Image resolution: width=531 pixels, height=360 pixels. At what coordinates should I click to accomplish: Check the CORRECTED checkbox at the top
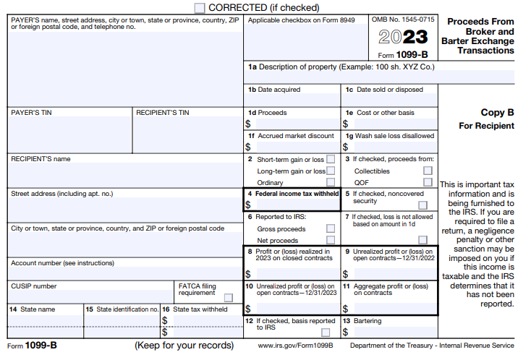pyautogui.click(x=200, y=7)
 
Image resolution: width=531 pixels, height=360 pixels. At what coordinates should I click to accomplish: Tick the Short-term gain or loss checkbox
pyautogui.click(x=331, y=159)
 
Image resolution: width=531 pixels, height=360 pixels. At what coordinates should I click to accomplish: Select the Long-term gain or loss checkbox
pyautogui.click(x=331, y=171)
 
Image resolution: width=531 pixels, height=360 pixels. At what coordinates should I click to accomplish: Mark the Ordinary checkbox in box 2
pyautogui.click(x=331, y=182)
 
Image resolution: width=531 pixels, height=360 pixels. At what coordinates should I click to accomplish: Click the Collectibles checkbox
pyautogui.click(x=428, y=171)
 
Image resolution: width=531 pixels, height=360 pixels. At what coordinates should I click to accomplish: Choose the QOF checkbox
pyautogui.click(x=428, y=182)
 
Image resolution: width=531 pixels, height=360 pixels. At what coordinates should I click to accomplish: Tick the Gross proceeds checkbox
pyautogui.click(x=331, y=228)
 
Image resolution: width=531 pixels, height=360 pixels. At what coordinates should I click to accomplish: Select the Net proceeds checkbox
pyautogui.click(x=331, y=240)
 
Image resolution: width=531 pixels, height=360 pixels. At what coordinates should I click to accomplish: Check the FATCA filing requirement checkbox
pyautogui.click(x=228, y=297)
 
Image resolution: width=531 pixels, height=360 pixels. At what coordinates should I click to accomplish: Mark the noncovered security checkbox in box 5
pyautogui.click(x=422, y=205)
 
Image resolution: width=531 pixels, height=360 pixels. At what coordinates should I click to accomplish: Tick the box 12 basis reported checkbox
pyautogui.click(x=326, y=332)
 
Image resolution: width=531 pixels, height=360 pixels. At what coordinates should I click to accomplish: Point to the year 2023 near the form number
pyautogui.click(x=403, y=37)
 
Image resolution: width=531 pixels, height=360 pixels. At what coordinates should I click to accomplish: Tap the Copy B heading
pyautogui.click(x=497, y=113)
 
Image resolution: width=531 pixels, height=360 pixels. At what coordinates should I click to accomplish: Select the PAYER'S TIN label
pyautogui.click(x=31, y=113)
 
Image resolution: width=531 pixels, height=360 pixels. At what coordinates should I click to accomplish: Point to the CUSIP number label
pyautogui.click(x=33, y=286)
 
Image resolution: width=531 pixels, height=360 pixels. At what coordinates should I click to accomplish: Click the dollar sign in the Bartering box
pyautogui.click(x=345, y=332)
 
